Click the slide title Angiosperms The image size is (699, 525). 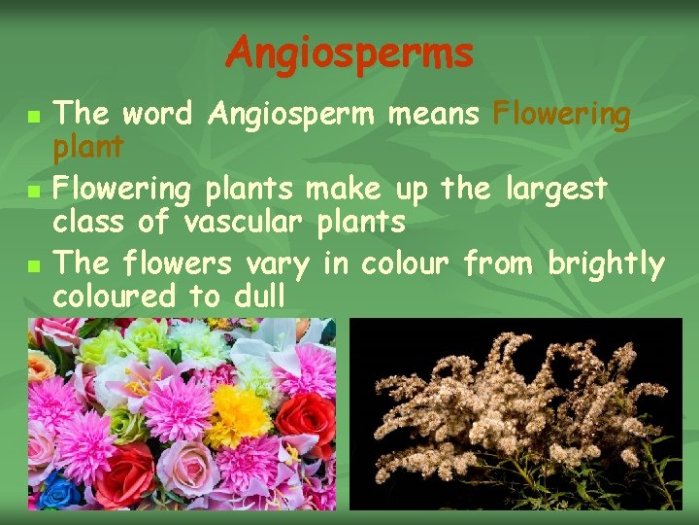[x=349, y=53]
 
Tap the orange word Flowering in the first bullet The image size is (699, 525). [x=562, y=115]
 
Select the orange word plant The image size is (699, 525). [x=88, y=147]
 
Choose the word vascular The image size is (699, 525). [x=243, y=222]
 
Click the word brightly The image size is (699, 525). [x=606, y=262]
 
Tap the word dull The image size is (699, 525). [x=259, y=297]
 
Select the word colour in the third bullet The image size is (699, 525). [x=405, y=262]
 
